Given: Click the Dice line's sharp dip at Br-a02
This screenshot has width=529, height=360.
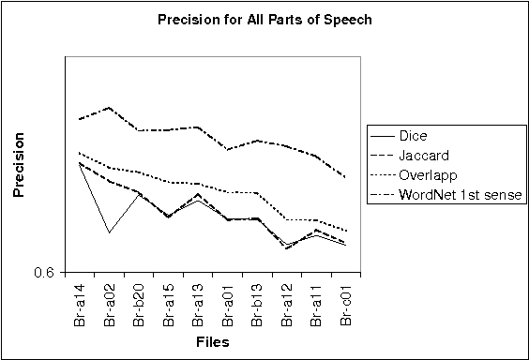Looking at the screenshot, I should click(110, 232).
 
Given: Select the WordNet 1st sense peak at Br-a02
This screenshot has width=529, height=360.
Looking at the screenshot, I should click(110, 108).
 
